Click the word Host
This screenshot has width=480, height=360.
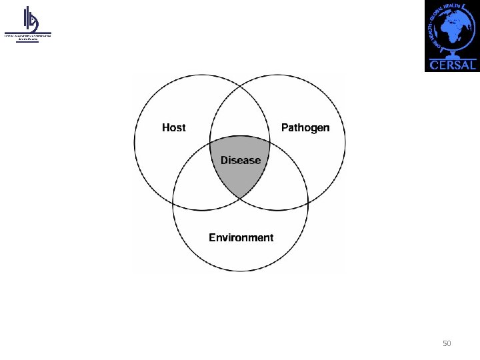pos(174,127)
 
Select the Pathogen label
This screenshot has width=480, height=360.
pos(305,127)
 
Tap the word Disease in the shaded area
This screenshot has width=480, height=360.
pos(241,160)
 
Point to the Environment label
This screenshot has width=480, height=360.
pos(241,237)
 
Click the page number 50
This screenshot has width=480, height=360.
pos(447,343)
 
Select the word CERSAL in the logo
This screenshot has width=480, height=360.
pos(453,65)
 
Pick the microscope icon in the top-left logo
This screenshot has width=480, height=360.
pos(30,19)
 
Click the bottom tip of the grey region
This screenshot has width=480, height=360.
pos(241,199)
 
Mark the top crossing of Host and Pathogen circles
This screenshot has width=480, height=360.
pos(240,87)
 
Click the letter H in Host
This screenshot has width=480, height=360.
pos(166,127)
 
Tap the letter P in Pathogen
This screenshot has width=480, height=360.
pos(285,127)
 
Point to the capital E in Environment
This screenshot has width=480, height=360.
pos(213,237)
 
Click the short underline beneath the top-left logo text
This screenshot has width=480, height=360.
pos(27,42)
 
